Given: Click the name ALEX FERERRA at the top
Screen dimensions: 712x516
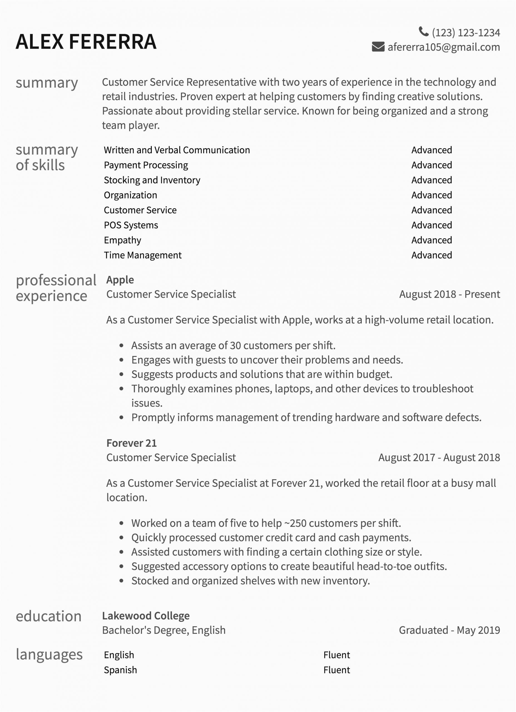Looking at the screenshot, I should click(86, 42).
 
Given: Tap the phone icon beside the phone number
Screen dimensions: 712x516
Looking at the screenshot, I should click(423, 31).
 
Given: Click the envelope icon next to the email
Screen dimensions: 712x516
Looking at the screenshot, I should click(378, 47).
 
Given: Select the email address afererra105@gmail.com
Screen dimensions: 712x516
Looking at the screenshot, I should click(443, 47).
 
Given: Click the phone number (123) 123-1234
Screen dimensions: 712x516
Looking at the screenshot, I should click(466, 33).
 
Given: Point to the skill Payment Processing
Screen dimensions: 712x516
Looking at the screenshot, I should click(146, 165).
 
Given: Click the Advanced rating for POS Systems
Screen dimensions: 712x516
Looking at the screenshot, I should click(431, 225).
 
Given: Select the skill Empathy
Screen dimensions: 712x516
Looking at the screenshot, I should click(122, 240).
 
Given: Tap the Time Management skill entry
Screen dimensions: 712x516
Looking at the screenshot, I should click(143, 255).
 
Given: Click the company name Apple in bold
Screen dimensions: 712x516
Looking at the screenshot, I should click(120, 280).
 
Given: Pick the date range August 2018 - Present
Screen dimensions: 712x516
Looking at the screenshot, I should click(450, 294).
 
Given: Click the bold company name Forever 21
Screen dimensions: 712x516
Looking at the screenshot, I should click(131, 443).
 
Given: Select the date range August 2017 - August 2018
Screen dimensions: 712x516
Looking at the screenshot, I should click(439, 458).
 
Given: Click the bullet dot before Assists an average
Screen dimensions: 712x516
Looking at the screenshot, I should click(121, 346).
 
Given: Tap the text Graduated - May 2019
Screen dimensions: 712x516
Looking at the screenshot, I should click(449, 630).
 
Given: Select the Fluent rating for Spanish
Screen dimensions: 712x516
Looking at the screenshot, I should click(336, 670).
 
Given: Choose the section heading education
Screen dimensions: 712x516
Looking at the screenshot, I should click(49, 617).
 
